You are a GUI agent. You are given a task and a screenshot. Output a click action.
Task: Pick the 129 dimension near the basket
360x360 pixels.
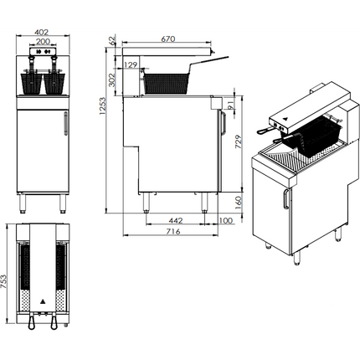131,64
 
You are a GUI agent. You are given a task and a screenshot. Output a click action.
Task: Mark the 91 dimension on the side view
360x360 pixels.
231,104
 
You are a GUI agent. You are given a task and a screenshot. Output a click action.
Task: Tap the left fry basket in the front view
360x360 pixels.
31,83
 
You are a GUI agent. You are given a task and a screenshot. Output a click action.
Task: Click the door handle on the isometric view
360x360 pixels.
285,200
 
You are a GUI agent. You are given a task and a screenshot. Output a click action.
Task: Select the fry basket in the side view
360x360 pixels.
168,81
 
